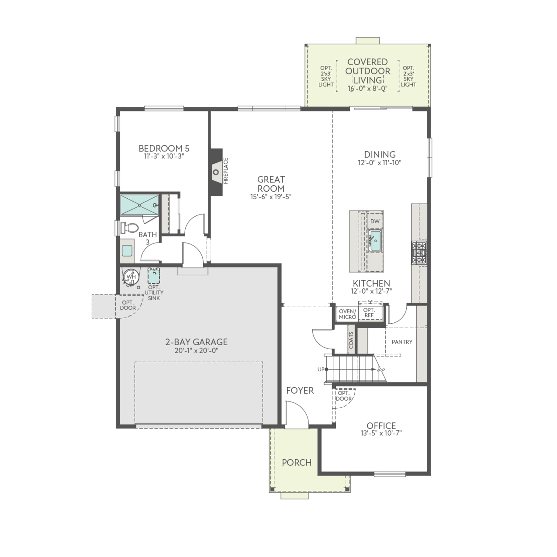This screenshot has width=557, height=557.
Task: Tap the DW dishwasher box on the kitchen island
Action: (x=375, y=221)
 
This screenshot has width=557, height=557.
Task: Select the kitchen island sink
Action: (x=375, y=240)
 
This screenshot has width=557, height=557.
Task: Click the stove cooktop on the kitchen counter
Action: (x=419, y=253)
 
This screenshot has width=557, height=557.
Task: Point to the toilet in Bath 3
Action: (x=130, y=228)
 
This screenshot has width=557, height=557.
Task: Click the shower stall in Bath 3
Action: (x=139, y=205)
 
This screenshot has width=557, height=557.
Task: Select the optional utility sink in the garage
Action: (x=153, y=276)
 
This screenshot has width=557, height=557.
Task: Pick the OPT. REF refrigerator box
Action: (x=369, y=313)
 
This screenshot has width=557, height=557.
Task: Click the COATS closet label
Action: (x=351, y=340)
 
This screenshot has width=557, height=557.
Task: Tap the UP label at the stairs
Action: (x=321, y=369)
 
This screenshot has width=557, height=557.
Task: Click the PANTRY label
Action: (x=402, y=342)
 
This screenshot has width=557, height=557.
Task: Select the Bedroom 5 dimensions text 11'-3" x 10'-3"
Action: (x=164, y=156)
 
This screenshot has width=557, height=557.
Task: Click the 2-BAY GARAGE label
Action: (x=196, y=342)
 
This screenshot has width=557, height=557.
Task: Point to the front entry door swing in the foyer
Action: (x=296, y=415)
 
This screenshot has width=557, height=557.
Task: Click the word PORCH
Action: (x=296, y=463)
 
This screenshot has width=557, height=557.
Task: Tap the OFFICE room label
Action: (x=381, y=426)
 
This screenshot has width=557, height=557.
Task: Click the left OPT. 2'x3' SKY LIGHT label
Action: (x=326, y=76)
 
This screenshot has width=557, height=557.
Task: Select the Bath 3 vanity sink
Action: (x=127, y=251)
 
